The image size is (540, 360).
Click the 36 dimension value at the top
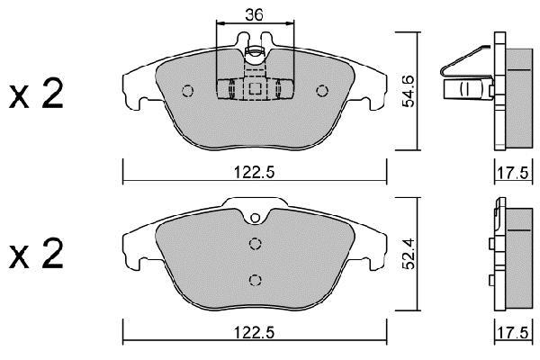click(254, 14)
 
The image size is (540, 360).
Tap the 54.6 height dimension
click(409, 91)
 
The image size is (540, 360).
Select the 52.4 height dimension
click(409, 254)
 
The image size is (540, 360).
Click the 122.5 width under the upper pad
click(254, 172)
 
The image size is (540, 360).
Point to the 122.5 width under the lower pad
click(254, 332)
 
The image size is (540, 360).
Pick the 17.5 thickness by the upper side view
click(512, 172)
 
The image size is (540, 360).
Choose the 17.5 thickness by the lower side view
click(512, 333)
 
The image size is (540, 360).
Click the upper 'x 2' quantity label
click(36, 94)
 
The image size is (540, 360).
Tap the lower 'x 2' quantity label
click(36, 253)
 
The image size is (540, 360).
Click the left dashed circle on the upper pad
click(188, 91)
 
